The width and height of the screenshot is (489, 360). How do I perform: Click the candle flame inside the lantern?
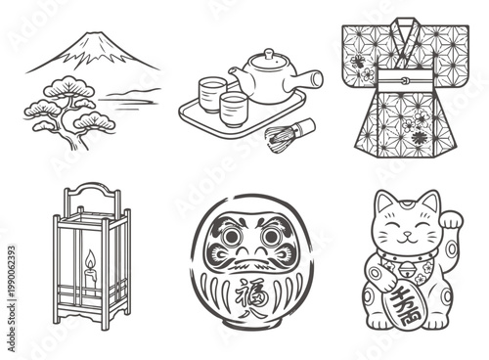point(90,260)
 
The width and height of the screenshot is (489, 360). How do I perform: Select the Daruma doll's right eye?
point(271,237)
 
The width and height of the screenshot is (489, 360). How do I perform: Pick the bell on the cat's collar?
point(402,265)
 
